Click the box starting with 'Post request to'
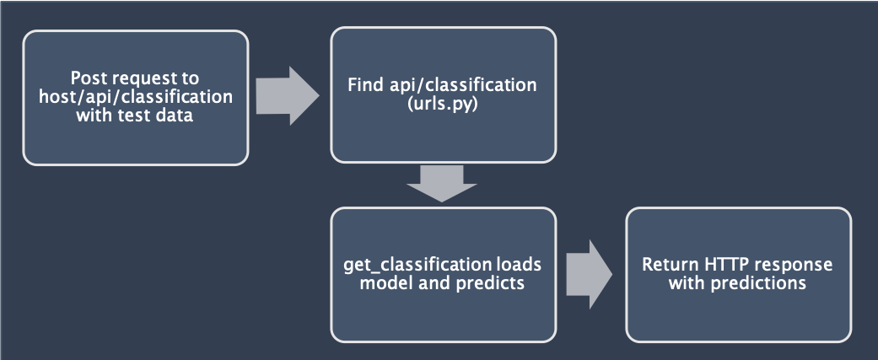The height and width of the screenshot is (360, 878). (x=135, y=97)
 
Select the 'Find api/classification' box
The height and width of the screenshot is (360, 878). (x=443, y=94)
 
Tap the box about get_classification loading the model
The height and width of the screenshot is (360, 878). (x=443, y=273)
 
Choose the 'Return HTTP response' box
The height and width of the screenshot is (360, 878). (x=737, y=273)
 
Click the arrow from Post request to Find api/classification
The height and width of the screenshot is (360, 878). (x=288, y=95)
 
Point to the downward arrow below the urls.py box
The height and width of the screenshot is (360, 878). (x=442, y=183)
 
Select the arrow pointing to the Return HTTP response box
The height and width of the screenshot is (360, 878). (x=590, y=274)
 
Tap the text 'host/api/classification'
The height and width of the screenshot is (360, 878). (x=135, y=97)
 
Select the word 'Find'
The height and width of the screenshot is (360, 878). (x=367, y=86)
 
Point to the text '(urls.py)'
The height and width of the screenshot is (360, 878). (x=443, y=105)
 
